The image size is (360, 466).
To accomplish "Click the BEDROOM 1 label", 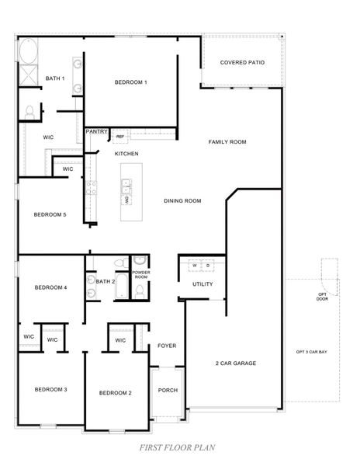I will tap(130, 82).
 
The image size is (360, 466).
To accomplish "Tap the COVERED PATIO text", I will tap(241, 63).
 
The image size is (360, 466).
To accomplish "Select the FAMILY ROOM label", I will tap(227, 142).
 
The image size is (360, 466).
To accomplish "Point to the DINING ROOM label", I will tap(182, 201).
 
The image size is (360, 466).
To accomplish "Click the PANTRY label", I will tap(97, 131).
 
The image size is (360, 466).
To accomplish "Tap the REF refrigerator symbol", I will tap(119, 137).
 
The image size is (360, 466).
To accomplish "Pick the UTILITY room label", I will tap(202, 284).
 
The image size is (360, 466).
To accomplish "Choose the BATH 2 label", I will tap(105, 280).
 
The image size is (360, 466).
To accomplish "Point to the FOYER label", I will tap(167, 345).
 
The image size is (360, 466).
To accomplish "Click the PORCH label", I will tap(167, 390).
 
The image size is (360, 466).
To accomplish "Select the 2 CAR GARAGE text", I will tap(235, 363).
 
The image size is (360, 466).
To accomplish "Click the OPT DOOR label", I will tap(322, 295).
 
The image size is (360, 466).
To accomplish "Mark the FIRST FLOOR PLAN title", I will tap(177, 447).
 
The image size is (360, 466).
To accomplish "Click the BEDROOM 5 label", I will tap(49, 214).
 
